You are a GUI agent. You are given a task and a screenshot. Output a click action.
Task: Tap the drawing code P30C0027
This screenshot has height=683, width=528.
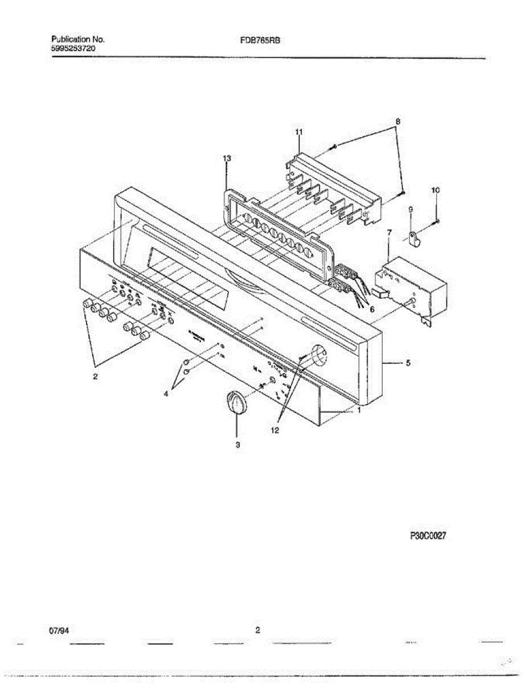pos(427,536)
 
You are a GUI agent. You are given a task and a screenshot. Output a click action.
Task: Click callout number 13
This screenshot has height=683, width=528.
pos(227,157)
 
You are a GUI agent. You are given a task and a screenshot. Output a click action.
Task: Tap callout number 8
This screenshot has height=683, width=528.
pos(398,121)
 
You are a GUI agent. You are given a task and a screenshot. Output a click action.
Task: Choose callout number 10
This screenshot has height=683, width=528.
pos(436,191)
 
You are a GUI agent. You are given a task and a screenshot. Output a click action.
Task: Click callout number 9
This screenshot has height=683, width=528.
pos(411,210)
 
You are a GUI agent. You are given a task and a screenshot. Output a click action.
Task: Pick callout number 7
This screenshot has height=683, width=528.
pos(389,232)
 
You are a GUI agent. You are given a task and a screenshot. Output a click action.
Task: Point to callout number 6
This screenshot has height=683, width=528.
pos(373,310)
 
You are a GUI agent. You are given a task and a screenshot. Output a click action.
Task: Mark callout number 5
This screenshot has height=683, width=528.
pos(408,363)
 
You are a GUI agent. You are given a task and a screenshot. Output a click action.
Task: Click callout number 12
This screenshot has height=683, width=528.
pos(275,431)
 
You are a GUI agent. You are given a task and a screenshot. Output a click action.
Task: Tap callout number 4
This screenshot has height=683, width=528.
pos(166,393)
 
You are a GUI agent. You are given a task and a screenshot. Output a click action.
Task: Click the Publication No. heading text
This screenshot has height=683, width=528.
pos(78,40)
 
